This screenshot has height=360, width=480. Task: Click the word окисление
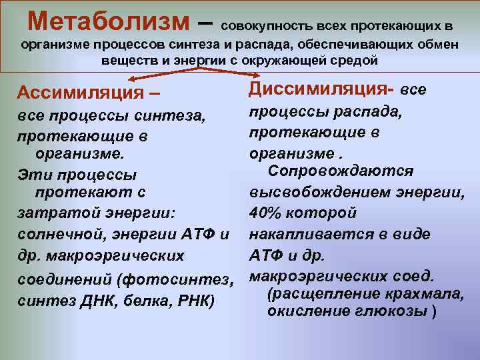[312, 311]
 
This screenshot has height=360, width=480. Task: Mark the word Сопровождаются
[340, 171]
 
